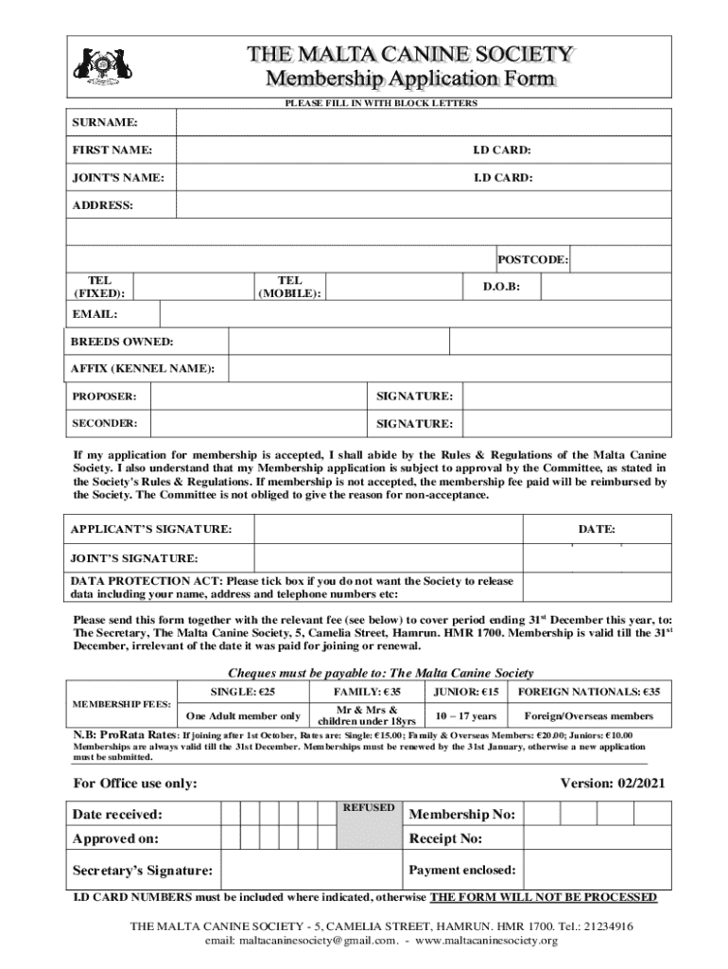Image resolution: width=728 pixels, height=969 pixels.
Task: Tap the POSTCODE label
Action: (x=533, y=259)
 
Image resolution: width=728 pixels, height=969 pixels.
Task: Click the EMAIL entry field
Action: (x=416, y=314)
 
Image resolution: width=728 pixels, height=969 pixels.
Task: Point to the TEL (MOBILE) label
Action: (x=290, y=287)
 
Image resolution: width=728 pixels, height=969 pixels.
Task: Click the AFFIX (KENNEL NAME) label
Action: (x=143, y=368)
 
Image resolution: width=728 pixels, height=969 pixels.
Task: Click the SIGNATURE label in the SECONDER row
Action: (x=414, y=423)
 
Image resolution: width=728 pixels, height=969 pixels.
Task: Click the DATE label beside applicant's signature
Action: (x=597, y=529)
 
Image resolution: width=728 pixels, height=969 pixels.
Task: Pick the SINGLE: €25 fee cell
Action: (x=244, y=692)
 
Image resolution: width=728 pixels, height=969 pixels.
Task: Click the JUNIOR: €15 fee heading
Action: (x=465, y=692)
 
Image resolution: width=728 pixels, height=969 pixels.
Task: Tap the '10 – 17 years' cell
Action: (x=465, y=716)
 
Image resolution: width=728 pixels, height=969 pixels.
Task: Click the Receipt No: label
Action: (x=445, y=839)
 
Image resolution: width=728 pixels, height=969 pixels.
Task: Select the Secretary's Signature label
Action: (x=143, y=871)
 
